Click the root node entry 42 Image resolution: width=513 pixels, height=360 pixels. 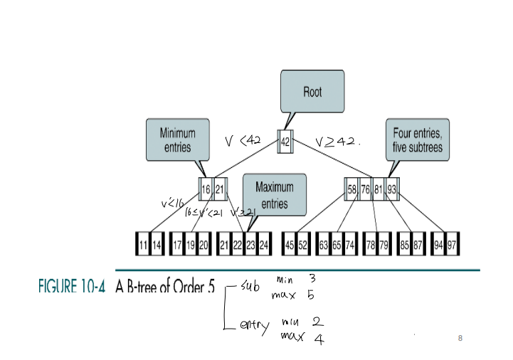pos(285,141)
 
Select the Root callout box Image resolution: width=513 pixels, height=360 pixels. pos(312,92)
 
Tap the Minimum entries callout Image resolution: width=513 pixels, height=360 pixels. pos(178,139)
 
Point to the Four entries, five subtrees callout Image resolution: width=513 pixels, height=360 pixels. pos(418,139)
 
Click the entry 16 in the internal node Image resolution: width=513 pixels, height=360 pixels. pos(206,189)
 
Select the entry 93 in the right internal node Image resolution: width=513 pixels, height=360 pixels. pos(393,189)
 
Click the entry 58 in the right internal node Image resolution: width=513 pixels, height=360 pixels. pos(352,189)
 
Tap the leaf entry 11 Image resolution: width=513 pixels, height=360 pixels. pos(144,245)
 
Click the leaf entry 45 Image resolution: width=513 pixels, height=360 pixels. pos(290,245)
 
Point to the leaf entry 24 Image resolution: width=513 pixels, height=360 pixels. pos(264,245)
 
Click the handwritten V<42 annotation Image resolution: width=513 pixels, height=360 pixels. pos(243,141)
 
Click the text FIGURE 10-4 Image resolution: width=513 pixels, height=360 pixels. pos(71,289)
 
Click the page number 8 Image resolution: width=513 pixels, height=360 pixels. pos(460,338)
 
